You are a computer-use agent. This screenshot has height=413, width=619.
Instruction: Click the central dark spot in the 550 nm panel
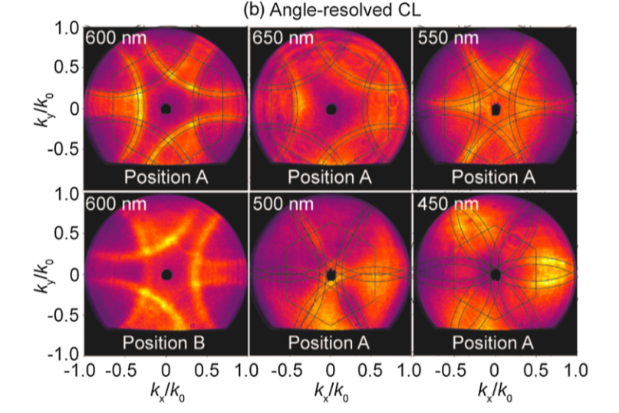[x=495, y=110]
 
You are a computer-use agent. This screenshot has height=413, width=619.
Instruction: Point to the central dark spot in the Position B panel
[x=166, y=274]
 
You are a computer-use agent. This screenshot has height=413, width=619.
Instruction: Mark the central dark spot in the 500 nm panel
[x=331, y=274]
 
